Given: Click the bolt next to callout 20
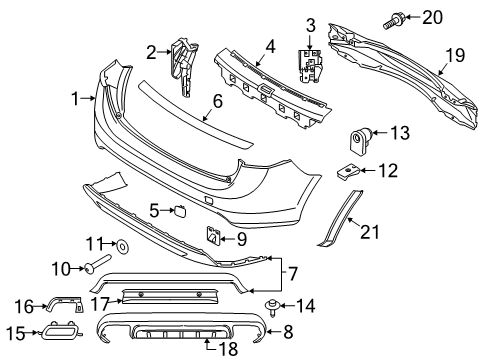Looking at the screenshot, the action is pos(394,20).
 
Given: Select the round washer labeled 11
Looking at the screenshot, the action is pos(122,247).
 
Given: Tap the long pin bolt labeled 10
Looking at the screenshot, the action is pos(98,263).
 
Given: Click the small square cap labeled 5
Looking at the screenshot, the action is pos(179,211).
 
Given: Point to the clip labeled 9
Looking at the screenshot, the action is pos(212,236).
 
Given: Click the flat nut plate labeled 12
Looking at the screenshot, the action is pos(348,171).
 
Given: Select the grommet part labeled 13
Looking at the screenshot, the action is pos(360,141).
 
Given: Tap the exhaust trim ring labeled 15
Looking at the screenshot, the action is pos(60,331).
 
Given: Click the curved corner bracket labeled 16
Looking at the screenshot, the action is pos(65,302).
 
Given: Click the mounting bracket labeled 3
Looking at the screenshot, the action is pos(310,65).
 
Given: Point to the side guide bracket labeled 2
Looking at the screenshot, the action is pos(183,67).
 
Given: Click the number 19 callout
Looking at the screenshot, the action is pos(455,55).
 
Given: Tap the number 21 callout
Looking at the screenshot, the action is pos(370,232).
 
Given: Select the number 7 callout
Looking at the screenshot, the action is pos(292,274).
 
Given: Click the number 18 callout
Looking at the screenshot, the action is pos(229,349).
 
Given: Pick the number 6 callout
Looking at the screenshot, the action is pos(217,101).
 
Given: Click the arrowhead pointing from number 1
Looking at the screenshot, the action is pos(94,98).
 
